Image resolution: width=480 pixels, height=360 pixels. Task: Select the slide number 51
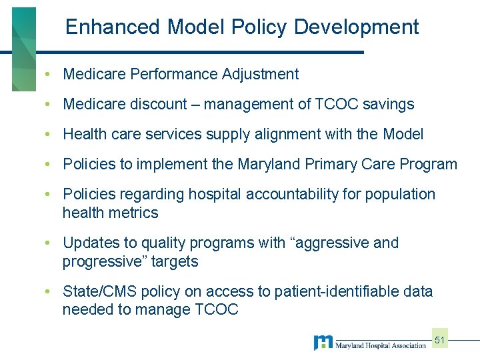point(440,340)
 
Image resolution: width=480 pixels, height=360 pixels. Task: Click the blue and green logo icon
point(323,343)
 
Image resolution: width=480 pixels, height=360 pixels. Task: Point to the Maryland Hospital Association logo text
point(381,345)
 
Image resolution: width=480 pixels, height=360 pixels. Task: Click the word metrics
point(135,213)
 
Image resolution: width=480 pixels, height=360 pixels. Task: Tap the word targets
point(175,261)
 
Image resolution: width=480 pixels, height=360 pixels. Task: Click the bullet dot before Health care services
point(49,134)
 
